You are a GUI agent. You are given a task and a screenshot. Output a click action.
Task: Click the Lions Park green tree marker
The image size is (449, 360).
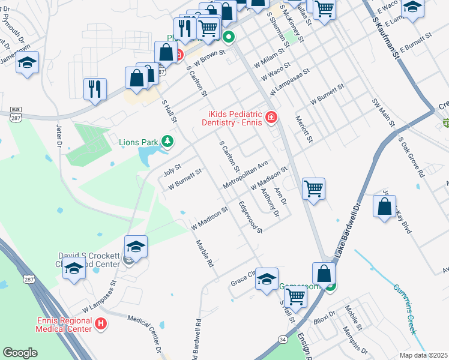(168, 142)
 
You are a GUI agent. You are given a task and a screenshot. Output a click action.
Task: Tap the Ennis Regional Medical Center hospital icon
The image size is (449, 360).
(101, 325)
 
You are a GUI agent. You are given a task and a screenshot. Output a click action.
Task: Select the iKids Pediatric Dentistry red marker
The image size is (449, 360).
(271, 116)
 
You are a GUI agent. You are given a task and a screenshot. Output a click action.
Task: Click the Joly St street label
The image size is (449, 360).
(172, 170)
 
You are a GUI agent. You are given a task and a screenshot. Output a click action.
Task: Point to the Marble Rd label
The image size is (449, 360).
(205, 254)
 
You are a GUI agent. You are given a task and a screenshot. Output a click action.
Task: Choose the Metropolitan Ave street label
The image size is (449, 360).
(245, 174)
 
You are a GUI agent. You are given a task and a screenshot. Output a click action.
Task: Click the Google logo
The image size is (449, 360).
(20, 353)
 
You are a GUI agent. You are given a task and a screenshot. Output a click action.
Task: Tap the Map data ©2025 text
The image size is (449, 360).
(423, 355)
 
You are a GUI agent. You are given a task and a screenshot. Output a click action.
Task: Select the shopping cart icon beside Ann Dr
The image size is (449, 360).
(313, 188)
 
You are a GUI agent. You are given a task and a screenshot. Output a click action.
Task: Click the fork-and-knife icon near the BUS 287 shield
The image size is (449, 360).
(94, 89)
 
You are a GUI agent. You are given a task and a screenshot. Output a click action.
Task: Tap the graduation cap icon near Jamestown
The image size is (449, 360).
(27, 62)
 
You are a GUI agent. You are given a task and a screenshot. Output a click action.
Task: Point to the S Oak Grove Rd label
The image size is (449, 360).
(412, 157)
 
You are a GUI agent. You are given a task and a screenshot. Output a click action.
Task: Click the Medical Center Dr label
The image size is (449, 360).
(142, 334)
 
